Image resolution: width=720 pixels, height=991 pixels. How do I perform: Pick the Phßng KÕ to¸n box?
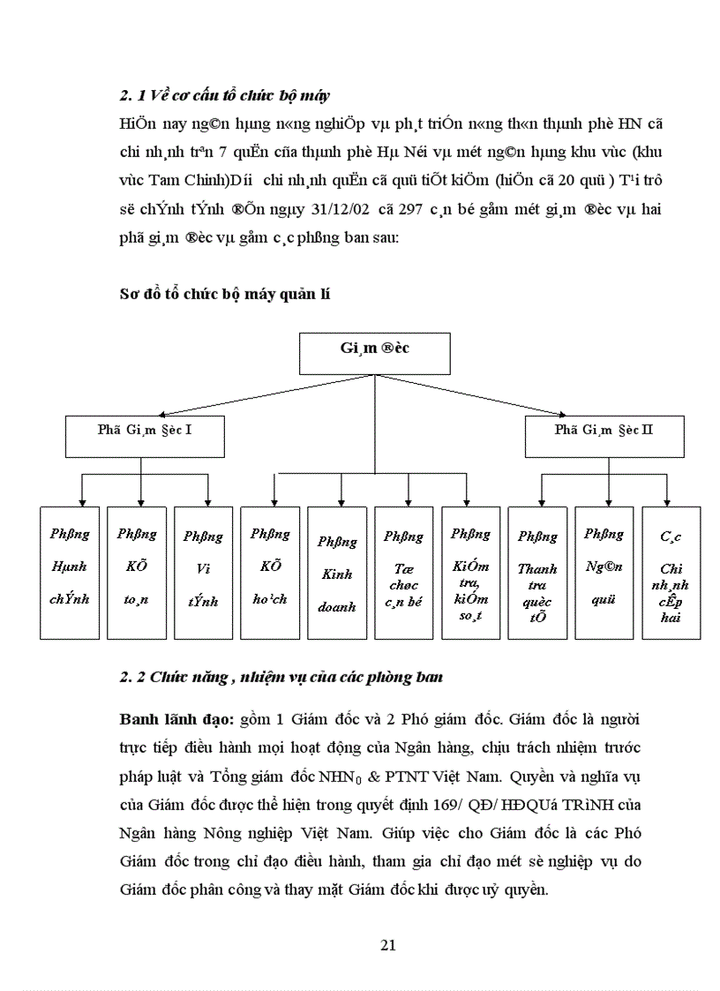(x=137, y=572)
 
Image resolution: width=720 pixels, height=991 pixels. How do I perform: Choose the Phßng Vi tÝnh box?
(x=203, y=572)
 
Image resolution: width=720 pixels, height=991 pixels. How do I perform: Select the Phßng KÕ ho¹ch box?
(x=270, y=572)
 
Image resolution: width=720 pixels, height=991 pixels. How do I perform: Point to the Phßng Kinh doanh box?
(x=337, y=572)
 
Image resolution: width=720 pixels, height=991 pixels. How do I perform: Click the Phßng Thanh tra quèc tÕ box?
(x=537, y=572)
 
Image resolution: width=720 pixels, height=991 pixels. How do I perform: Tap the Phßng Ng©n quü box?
(x=604, y=572)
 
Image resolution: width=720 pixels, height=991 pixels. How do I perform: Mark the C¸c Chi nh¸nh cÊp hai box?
(x=671, y=572)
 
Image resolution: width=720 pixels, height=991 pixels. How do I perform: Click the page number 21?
(x=387, y=945)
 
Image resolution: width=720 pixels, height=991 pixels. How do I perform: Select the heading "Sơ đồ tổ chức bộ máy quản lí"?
(x=224, y=295)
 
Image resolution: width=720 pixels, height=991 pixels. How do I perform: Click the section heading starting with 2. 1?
(x=225, y=95)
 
